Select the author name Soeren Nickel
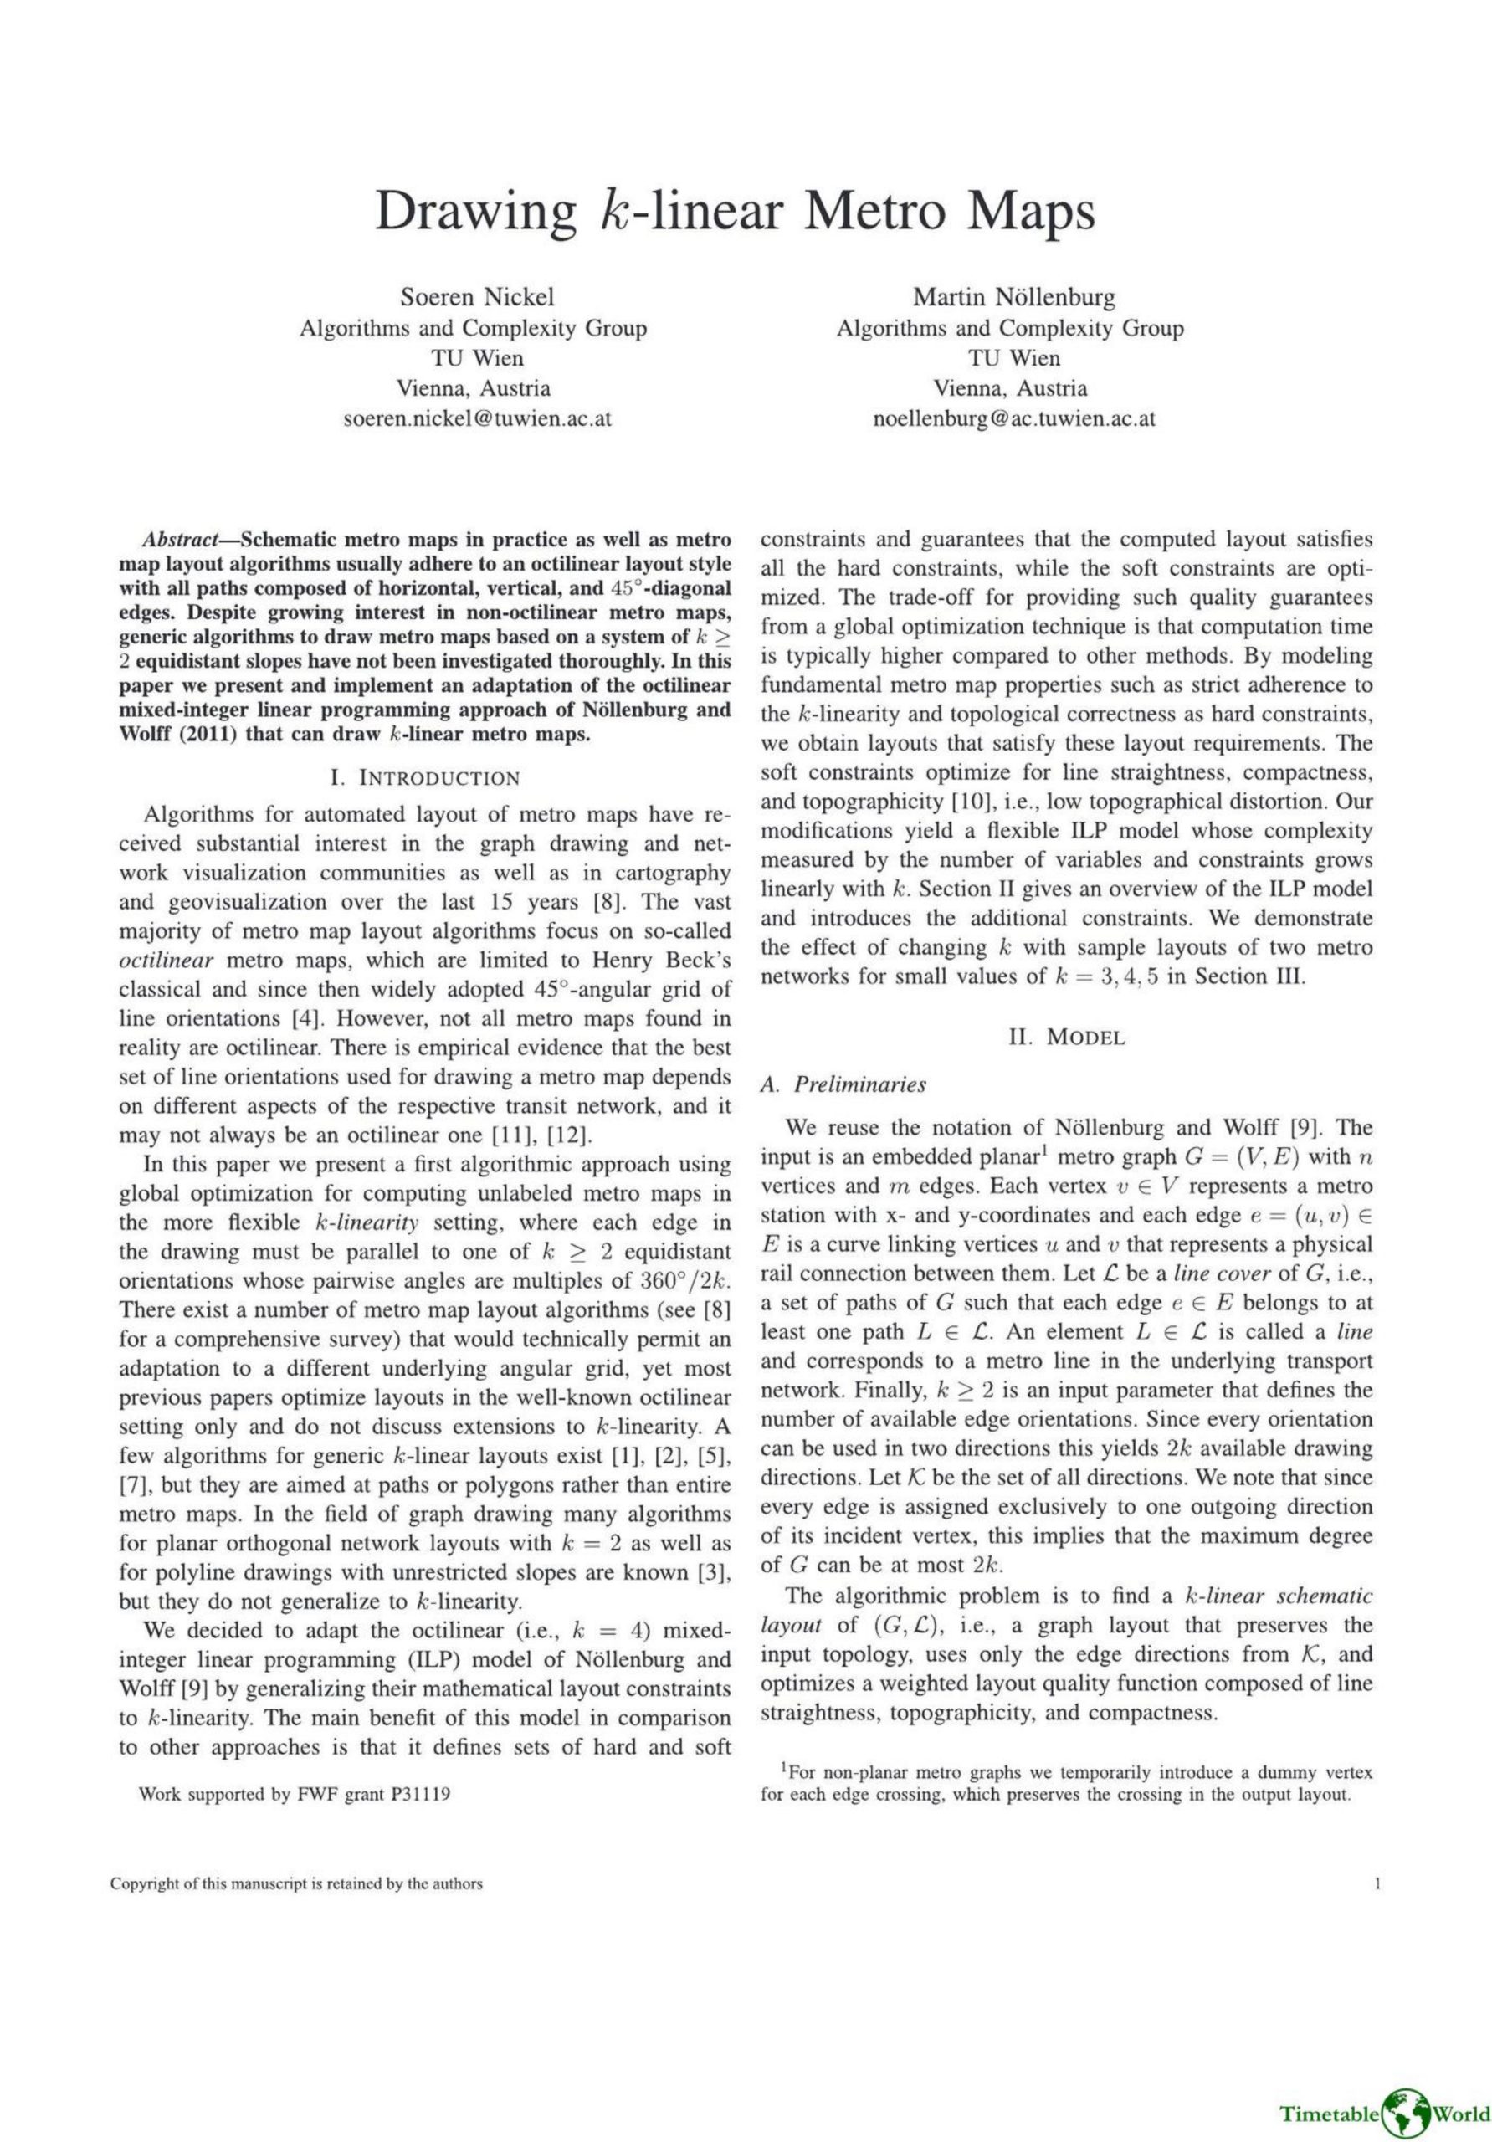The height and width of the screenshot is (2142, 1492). (x=477, y=297)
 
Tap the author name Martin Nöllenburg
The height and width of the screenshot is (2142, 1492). (x=1013, y=297)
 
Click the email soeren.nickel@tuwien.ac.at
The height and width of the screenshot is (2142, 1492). (x=477, y=418)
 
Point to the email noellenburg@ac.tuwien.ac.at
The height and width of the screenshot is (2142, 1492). (x=1013, y=418)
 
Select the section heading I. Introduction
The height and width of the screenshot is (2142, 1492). (x=424, y=777)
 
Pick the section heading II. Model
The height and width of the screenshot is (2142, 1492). (x=1067, y=1037)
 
